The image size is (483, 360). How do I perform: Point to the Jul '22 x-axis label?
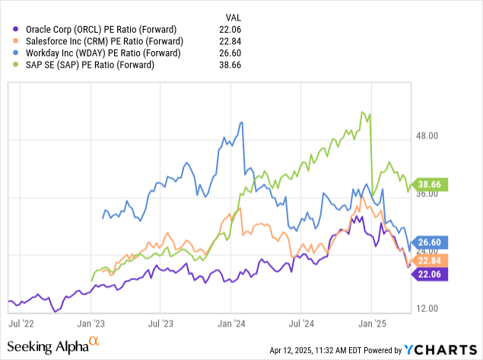point(22,323)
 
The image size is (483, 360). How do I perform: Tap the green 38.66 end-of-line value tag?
point(431,184)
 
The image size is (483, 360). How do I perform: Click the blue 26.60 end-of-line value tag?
point(431,242)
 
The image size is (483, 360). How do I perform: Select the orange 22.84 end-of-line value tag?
point(431,260)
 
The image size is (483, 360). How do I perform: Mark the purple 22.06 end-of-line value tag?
point(431,273)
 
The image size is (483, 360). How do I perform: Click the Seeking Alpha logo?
point(55,346)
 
